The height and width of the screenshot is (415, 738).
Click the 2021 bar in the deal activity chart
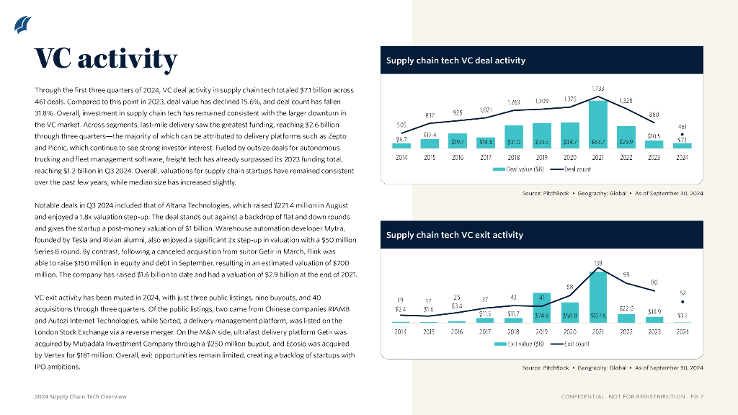(597, 125)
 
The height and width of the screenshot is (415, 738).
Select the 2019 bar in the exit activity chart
(541, 307)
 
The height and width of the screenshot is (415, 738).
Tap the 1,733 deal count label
(597, 88)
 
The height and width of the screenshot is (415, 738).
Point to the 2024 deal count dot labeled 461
(683, 133)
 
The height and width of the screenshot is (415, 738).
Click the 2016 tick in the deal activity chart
(457, 157)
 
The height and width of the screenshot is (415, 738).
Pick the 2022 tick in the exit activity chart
(626, 331)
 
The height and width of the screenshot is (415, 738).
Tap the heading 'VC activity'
(106, 59)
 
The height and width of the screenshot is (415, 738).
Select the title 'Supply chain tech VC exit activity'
(454, 235)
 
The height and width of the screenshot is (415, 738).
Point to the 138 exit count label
(598, 263)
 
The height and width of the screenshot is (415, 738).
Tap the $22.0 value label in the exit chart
(626, 308)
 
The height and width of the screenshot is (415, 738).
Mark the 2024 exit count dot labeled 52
(683, 303)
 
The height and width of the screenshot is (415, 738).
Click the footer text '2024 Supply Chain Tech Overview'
(81, 397)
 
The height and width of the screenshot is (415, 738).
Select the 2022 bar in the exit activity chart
(626, 317)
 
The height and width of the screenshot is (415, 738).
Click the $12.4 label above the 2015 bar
(430, 134)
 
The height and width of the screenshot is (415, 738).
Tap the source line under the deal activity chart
(613, 193)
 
